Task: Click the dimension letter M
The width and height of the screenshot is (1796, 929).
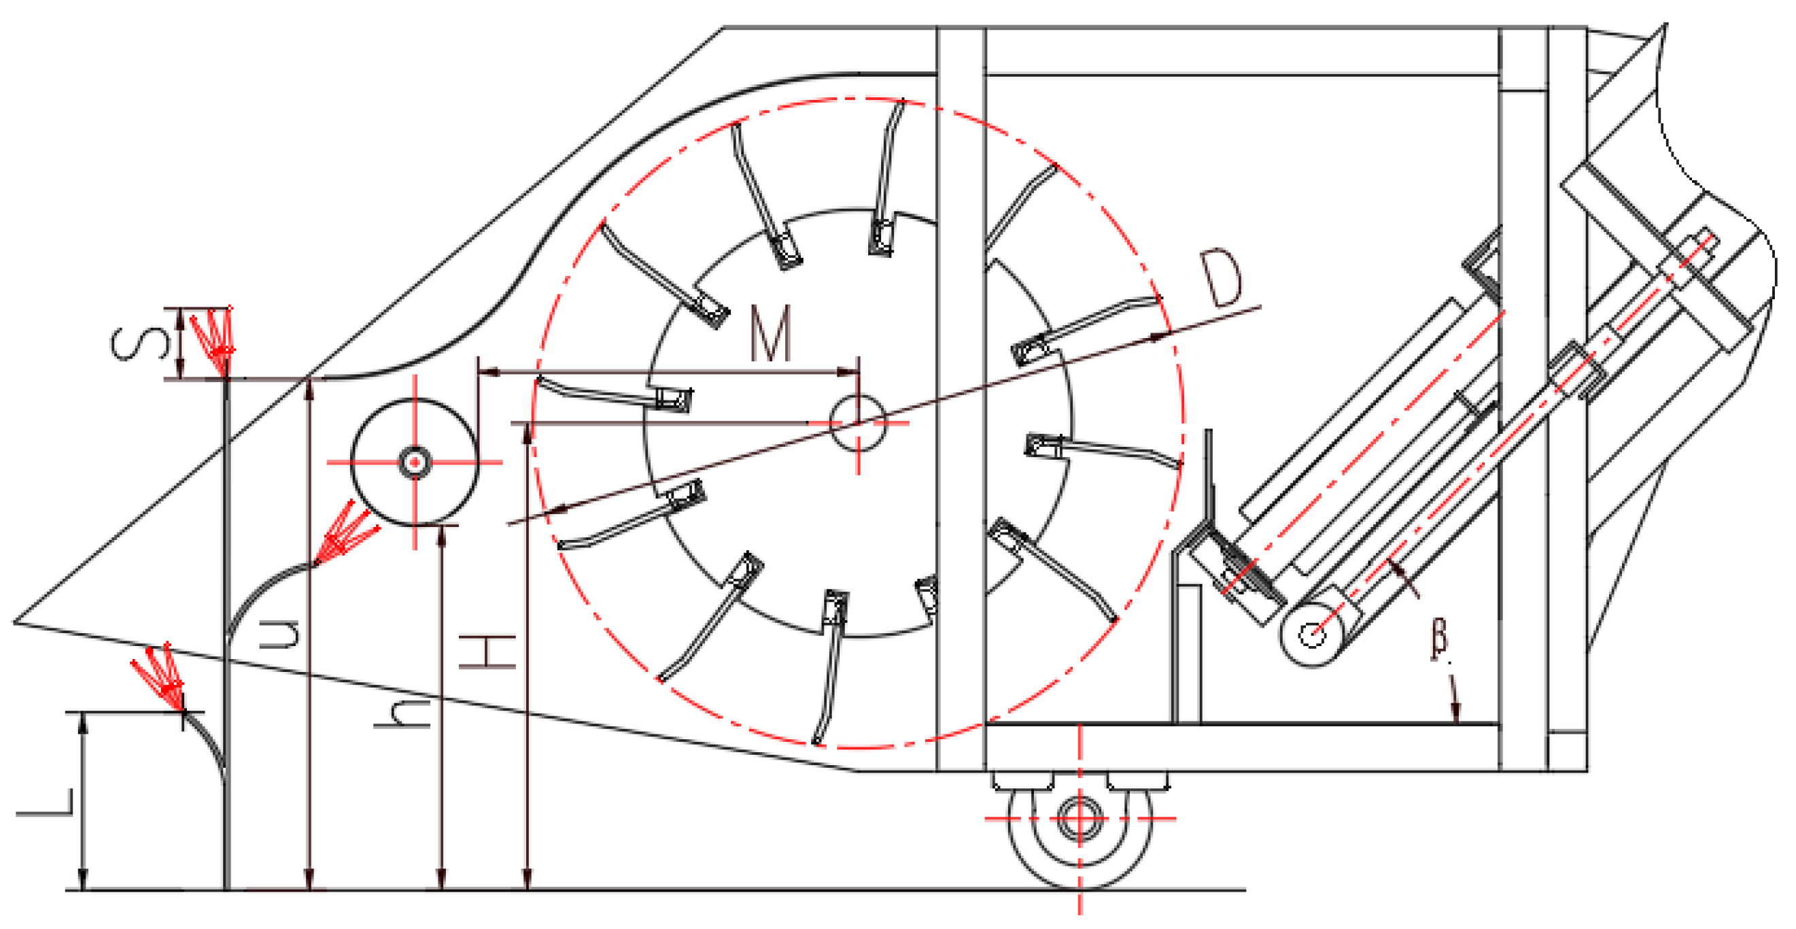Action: [x=770, y=333]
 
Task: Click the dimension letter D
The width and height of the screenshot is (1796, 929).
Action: [x=1221, y=278]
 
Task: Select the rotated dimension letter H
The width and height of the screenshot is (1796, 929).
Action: [x=487, y=652]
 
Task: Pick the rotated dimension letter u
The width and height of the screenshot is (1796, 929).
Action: [x=279, y=633]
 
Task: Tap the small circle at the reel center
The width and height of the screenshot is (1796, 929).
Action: [x=859, y=422]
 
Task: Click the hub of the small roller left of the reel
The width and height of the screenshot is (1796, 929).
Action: [x=415, y=462]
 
